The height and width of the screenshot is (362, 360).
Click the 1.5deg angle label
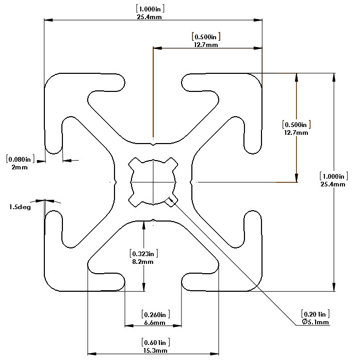click(x=20, y=207)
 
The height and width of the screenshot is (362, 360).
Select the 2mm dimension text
click(x=20, y=167)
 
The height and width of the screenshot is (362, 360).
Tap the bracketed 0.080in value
click(x=20, y=159)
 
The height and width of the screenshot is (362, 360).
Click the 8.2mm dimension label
click(x=143, y=262)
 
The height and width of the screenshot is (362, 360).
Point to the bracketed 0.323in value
click(x=144, y=254)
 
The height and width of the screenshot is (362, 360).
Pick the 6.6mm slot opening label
click(x=155, y=323)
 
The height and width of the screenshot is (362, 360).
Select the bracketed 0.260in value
click(x=156, y=314)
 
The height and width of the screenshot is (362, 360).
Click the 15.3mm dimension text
click(x=155, y=351)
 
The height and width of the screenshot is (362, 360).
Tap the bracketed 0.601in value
click(x=156, y=342)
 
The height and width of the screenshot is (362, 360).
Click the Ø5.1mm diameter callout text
click(x=315, y=322)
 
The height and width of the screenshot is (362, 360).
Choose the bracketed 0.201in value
click(x=315, y=314)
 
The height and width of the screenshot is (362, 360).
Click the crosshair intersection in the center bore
click(x=153, y=182)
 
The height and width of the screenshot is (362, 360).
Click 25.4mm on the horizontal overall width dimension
click(x=149, y=17)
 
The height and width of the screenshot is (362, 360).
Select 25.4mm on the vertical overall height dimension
click(x=333, y=184)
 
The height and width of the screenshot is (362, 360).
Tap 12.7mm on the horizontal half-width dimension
click(x=206, y=45)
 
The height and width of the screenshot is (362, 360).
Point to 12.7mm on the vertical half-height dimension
click(x=296, y=133)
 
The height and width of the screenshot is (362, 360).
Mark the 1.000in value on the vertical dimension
click(x=334, y=176)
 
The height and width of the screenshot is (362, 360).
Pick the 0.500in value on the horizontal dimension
click(x=206, y=37)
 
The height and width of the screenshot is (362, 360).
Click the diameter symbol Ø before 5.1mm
click(x=305, y=322)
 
